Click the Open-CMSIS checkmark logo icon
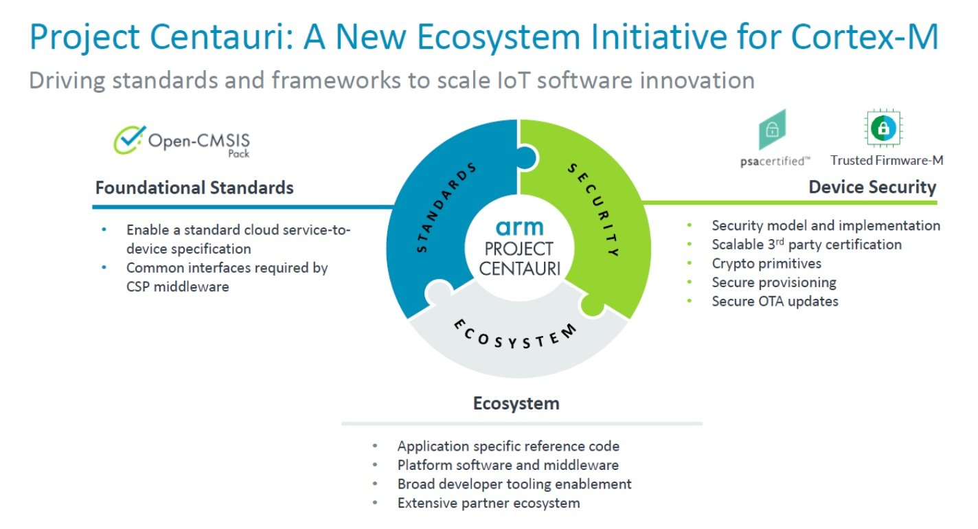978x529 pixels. (x=129, y=139)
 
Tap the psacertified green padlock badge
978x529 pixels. (x=773, y=129)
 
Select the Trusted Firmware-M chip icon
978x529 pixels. (x=883, y=128)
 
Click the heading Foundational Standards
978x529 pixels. (x=194, y=188)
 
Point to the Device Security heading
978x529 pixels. (x=872, y=188)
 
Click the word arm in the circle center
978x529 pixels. (x=519, y=227)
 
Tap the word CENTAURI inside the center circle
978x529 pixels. (x=519, y=268)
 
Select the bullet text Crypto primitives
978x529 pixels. (x=766, y=263)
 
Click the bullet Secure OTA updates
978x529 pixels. (x=775, y=302)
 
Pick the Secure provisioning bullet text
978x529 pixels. (x=774, y=282)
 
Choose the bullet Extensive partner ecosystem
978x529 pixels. (x=488, y=503)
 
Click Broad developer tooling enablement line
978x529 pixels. (x=514, y=484)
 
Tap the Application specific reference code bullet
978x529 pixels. (x=508, y=446)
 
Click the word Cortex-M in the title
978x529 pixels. (x=864, y=36)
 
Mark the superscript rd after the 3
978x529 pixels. (x=780, y=240)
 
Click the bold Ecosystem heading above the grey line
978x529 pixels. (x=516, y=403)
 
